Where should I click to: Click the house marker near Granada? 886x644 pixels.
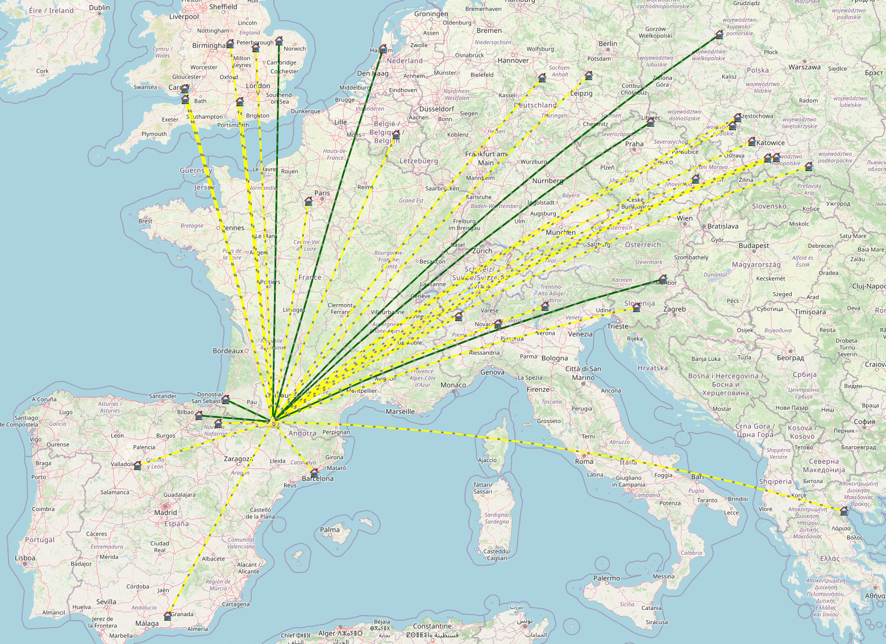(168, 616)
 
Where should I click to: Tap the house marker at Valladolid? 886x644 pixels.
(138, 466)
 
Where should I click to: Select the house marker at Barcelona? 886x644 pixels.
(314, 472)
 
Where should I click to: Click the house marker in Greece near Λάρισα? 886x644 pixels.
(844, 511)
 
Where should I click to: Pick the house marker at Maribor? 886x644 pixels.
(663, 279)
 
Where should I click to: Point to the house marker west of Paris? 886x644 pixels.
(309, 201)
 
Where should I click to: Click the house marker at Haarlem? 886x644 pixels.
(382, 49)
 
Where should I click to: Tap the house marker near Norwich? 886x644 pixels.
(279, 41)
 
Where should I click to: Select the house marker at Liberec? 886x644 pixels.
(651, 122)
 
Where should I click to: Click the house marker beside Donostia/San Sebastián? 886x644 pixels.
(225, 400)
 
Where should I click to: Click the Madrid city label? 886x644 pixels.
(165, 512)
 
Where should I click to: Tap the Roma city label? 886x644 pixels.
(584, 461)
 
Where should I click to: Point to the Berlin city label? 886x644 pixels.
(608, 43)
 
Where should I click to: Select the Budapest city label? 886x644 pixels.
(754, 246)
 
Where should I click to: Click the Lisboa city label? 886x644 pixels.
(25, 558)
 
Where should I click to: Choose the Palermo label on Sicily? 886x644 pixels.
(606, 578)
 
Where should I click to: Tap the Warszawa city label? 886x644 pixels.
(804, 67)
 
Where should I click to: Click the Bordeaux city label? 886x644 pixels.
(228, 351)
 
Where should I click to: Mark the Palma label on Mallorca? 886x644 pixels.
(330, 529)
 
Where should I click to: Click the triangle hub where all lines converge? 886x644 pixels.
(273, 421)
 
